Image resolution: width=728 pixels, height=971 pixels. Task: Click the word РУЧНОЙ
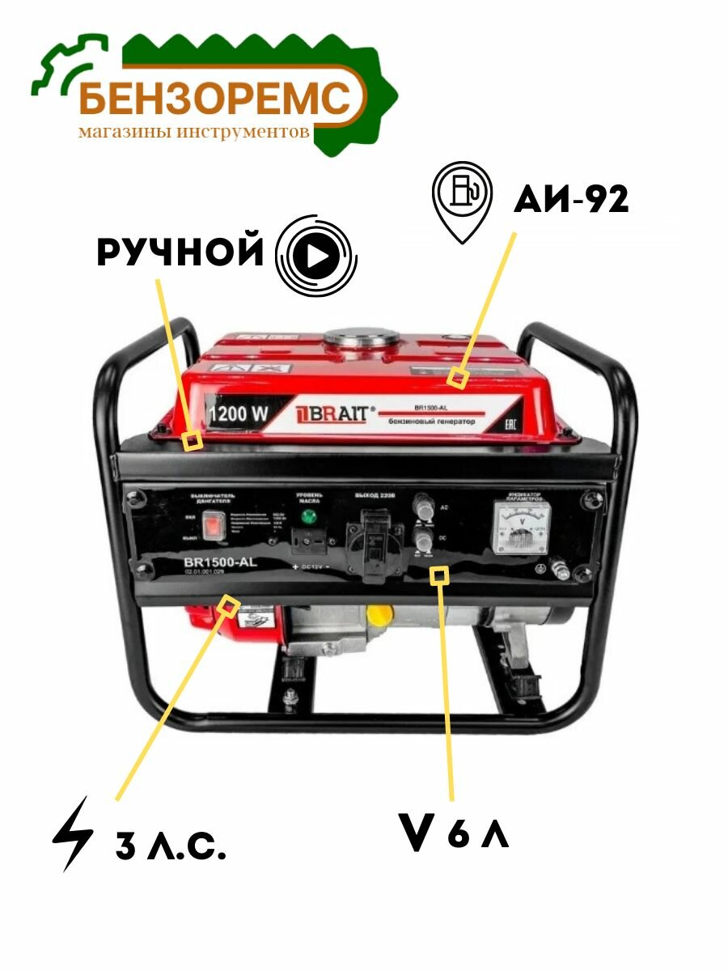(x=180, y=252)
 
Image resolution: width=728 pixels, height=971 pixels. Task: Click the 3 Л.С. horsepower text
(x=171, y=847)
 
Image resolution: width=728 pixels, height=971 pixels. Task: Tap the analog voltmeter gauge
(x=521, y=526)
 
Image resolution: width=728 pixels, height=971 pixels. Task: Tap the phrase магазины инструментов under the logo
(x=194, y=131)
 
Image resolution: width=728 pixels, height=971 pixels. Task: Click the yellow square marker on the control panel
(x=439, y=575)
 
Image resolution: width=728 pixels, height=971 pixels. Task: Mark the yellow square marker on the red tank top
(x=459, y=377)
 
